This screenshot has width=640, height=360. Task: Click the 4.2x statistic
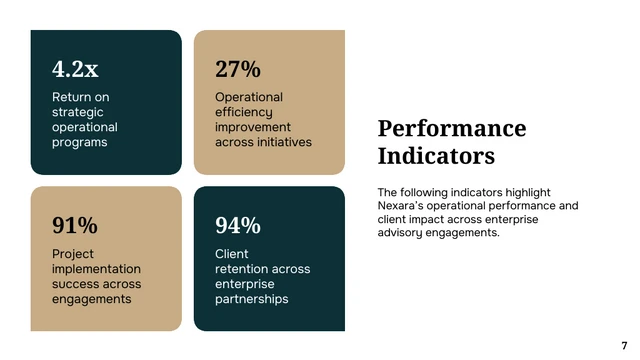coord(75,69)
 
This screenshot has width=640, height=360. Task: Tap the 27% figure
coord(238,69)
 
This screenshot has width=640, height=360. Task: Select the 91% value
coord(75,225)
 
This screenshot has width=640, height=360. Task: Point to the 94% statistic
coord(238,225)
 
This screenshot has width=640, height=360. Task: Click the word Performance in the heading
coord(452,128)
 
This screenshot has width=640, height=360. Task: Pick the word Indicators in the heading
coord(436,157)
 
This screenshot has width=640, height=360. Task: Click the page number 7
coord(624,345)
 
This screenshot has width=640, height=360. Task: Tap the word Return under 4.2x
coord(72,97)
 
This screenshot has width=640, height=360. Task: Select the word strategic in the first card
coord(78,112)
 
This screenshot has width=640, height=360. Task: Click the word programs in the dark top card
coord(80,142)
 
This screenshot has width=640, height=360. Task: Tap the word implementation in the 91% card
coord(96,269)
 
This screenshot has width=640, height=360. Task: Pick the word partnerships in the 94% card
coord(251,299)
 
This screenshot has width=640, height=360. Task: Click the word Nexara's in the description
coord(402,206)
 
